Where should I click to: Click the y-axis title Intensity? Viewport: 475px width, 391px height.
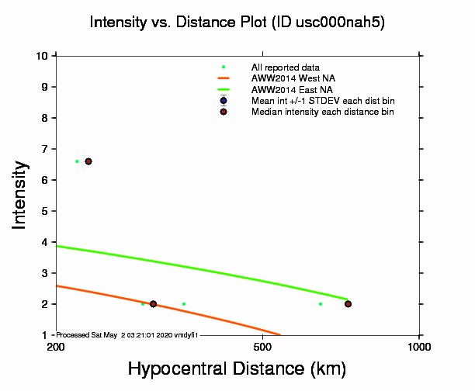(21, 194)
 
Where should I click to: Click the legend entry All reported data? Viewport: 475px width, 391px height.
(280, 67)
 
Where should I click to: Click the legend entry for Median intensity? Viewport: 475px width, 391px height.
(322, 112)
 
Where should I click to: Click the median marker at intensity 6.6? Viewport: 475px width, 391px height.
(88, 161)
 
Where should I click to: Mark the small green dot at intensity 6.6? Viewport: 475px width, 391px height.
(77, 161)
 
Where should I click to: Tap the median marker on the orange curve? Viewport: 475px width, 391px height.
(153, 304)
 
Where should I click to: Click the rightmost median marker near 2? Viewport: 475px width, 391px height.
(348, 304)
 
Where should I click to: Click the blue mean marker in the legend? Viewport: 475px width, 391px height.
(224, 100)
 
